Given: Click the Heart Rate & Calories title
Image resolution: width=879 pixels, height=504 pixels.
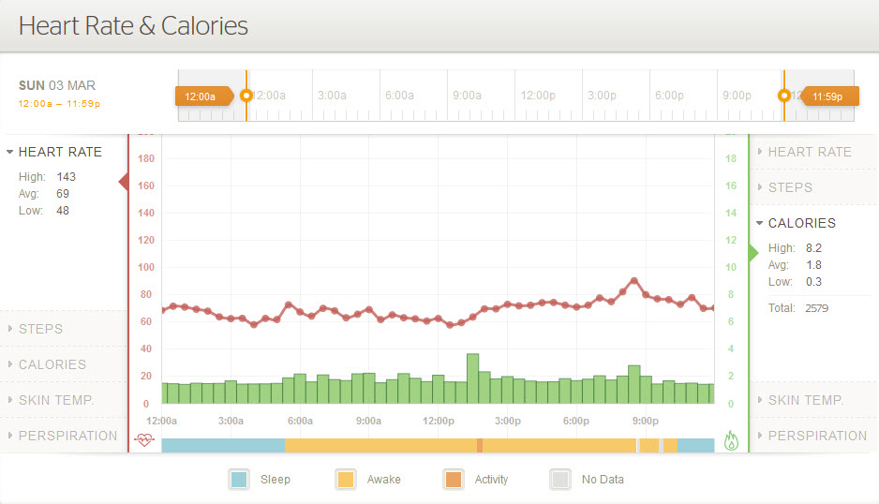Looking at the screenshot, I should [x=133, y=25].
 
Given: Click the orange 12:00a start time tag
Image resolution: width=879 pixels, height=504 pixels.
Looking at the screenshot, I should [x=201, y=96].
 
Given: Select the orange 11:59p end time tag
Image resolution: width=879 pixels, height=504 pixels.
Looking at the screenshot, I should [x=827, y=96].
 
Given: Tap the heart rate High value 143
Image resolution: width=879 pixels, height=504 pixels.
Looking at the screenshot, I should [x=66, y=176].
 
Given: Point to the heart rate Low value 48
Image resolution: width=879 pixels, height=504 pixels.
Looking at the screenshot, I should [x=62, y=210].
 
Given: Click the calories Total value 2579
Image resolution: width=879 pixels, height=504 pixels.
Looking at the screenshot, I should [x=816, y=307].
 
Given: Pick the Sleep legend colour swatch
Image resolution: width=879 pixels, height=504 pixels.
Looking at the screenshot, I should [x=239, y=480].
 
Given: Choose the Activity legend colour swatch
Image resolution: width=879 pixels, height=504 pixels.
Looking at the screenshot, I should [x=454, y=480].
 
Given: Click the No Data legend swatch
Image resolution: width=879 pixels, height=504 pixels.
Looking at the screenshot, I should [x=560, y=480].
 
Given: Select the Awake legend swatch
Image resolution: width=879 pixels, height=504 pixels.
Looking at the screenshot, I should [x=346, y=480].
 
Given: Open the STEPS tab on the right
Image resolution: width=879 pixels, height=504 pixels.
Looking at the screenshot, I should [x=790, y=187].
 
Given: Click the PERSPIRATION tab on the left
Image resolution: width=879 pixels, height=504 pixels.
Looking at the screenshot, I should [x=67, y=436].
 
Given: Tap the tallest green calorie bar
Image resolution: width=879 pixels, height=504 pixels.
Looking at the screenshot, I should [x=473, y=378].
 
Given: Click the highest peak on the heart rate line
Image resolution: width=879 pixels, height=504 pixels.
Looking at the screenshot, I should [x=634, y=280].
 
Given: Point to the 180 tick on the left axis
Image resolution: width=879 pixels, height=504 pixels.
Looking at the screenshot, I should [x=145, y=158].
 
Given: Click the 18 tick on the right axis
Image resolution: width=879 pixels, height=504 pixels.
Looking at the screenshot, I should [x=731, y=158].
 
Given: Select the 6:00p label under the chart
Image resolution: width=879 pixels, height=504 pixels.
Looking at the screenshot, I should [x=576, y=421].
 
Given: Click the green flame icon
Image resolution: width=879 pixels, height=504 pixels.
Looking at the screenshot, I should [x=732, y=440].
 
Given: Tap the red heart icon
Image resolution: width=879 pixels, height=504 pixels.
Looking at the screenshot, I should [x=143, y=439].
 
